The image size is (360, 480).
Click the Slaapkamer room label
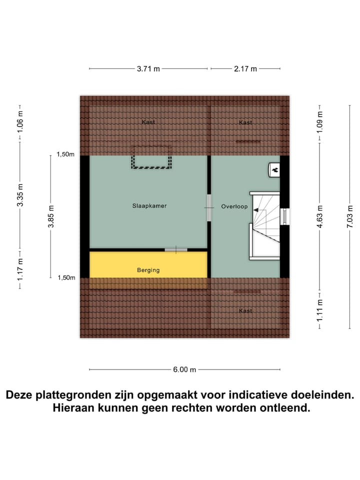[x=149, y=205]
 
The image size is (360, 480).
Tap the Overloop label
[x=234, y=206]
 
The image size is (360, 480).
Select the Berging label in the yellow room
[x=148, y=270]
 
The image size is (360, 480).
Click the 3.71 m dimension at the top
[x=148, y=69]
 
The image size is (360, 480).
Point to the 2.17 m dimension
[x=245, y=69]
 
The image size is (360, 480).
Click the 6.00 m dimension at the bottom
[x=184, y=369]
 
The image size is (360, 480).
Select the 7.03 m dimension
[x=349, y=216]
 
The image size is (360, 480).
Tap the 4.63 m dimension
[x=320, y=216]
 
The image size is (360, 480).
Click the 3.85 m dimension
[x=50, y=216]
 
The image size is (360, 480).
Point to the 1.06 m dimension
[x=20, y=121]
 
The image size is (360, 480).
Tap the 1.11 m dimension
[x=320, y=310]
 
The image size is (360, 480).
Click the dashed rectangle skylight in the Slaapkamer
[x=151, y=157]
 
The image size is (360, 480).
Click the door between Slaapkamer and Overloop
[x=209, y=207]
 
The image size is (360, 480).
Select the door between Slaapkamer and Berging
[x=176, y=249]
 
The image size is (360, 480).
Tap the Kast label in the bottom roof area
[x=245, y=311]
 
